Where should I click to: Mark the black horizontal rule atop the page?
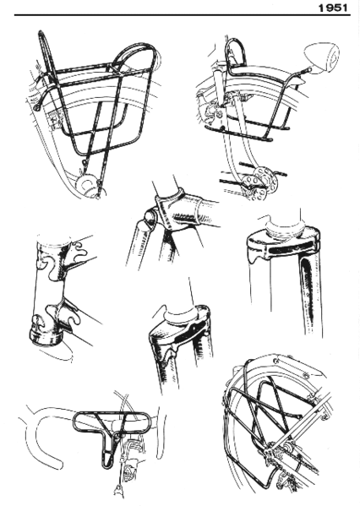click(x=169, y=15)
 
